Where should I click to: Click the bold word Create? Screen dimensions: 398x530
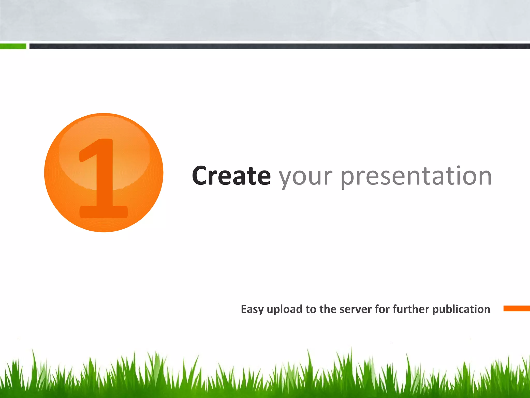click(x=231, y=176)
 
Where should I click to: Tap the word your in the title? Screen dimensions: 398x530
click(x=305, y=177)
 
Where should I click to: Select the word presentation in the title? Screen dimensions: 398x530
click(x=416, y=177)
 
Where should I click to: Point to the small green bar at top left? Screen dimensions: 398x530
click(x=13, y=46)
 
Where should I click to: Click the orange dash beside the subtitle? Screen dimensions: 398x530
click(x=516, y=308)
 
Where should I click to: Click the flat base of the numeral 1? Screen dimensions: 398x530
click(x=104, y=212)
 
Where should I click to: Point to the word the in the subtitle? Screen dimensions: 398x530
click(x=328, y=309)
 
